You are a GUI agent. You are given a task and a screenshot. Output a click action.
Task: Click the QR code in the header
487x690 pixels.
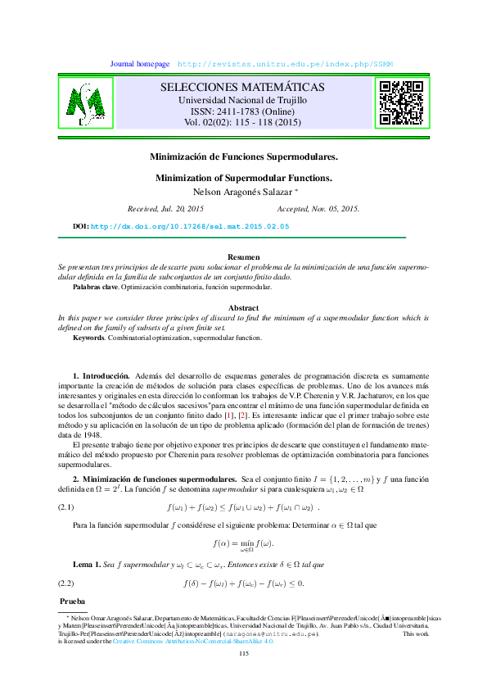tap(399, 102)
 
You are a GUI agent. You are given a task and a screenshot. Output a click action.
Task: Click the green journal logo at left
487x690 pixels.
tap(90, 102)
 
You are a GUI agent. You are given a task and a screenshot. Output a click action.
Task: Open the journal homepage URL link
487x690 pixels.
tap(285, 64)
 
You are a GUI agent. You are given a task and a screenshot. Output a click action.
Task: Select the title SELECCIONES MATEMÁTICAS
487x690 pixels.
tap(241, 88)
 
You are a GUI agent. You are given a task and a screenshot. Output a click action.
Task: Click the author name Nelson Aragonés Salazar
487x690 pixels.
tap(241, 193)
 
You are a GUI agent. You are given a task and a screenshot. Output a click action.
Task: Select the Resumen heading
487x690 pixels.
tap(243, 257)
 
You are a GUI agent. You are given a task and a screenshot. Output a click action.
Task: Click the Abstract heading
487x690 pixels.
tap(243, 307)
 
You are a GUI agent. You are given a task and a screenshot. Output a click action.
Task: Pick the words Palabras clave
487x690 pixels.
tap(96, 288)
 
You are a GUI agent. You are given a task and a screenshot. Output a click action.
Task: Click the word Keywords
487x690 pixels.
tap(88, 338)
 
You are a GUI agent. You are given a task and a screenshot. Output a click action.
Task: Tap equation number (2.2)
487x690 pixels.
tap(65, 583)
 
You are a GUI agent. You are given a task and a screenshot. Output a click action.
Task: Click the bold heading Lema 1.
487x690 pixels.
tap(88, 565)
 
